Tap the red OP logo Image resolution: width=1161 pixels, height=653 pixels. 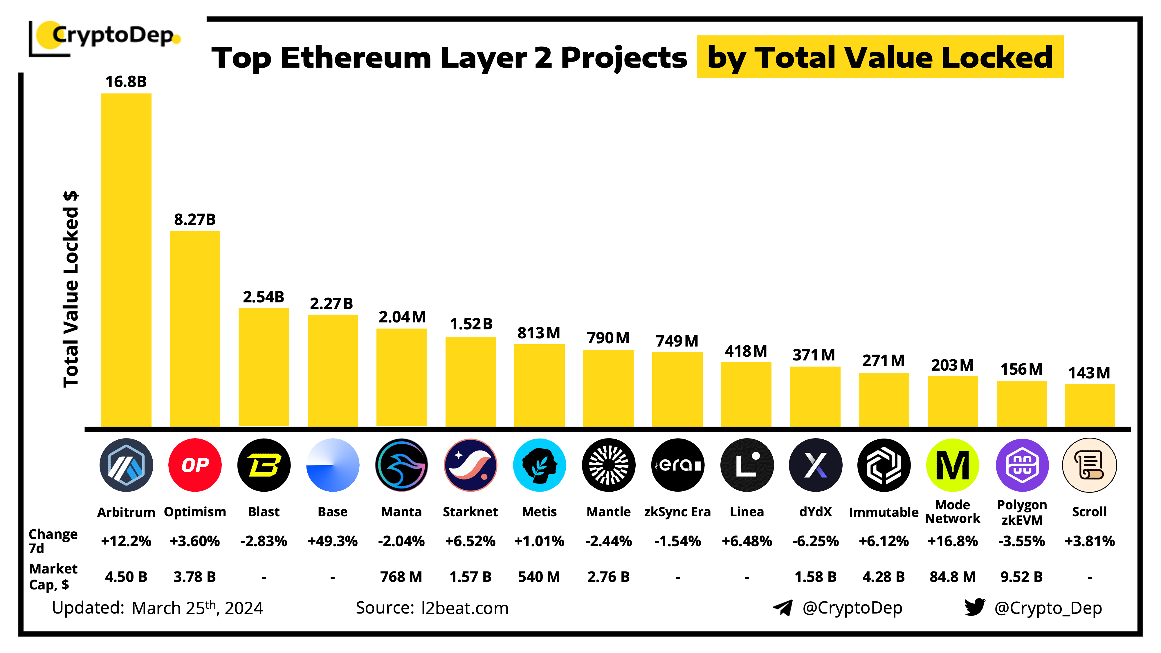coord(195,465)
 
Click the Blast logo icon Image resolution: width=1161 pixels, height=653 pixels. coord(264,465)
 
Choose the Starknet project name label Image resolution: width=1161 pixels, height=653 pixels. coord(470,512)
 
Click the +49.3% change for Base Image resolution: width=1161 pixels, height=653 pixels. coord(333,541)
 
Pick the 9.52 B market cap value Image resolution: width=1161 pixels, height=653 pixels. coord(1021,577)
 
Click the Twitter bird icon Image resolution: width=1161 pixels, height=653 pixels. coord(974,607)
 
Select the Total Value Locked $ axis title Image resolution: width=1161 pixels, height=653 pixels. coord(71,288)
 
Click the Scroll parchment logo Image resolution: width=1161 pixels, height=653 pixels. coord(1089,465)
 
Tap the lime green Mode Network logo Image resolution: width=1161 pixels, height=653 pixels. coord(952,465)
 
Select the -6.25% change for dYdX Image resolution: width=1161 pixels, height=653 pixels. coord(815,541)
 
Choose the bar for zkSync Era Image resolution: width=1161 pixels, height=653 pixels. coord(677,389)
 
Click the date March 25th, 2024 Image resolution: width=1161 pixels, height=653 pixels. coord(197,608)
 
